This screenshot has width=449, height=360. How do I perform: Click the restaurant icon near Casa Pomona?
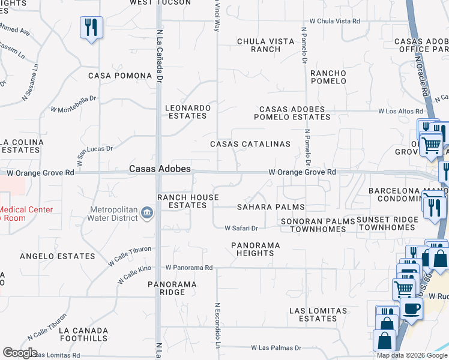point(91,28)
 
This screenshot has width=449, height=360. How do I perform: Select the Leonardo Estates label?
point(188,112)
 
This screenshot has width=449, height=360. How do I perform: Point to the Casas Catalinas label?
point(250,145)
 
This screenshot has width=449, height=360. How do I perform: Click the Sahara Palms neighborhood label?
point(271,207)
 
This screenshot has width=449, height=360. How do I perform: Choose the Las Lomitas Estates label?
point(318,314)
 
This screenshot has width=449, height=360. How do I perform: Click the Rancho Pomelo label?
point(328,77)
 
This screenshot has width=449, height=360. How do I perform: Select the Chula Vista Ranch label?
point(265,45)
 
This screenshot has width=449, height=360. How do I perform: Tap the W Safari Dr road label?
point(241,228)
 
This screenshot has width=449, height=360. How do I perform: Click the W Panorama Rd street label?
point(189,268)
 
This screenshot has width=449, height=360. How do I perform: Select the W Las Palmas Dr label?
point(276,347)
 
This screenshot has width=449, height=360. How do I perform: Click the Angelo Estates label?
point(58,256)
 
